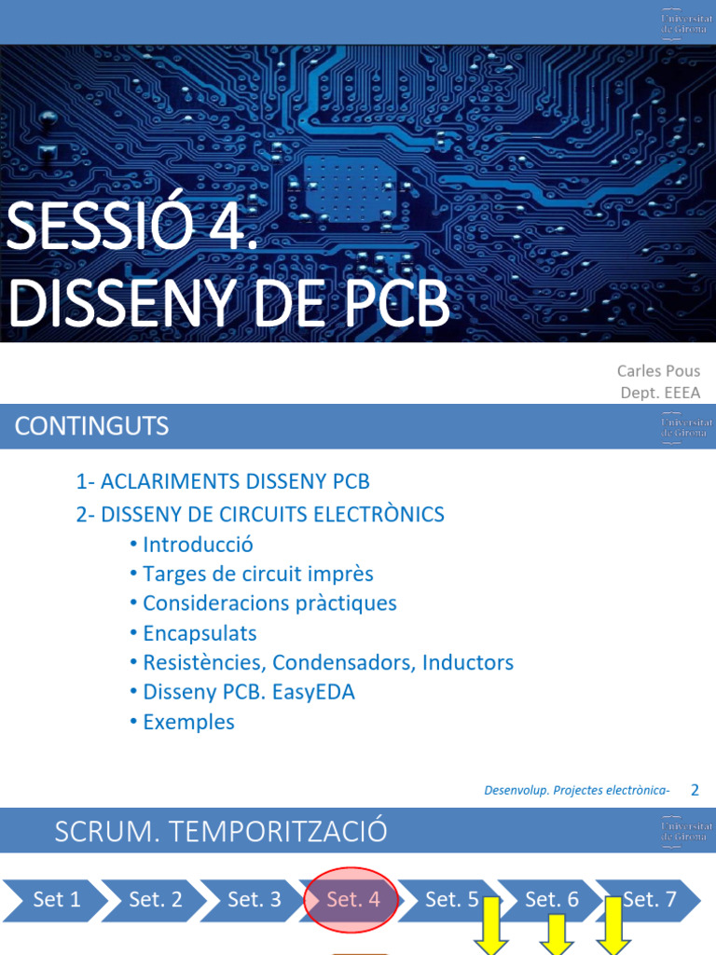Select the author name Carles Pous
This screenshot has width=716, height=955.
[x=659, y=371]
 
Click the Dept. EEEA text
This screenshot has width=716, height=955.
[x=660, y=393]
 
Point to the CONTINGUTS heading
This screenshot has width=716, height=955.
[x=91, y=427]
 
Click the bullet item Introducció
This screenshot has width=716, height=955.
[x=198, y=545]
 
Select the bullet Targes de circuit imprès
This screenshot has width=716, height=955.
[x=258, y=574]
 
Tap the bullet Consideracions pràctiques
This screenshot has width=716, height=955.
[x=269, y=603]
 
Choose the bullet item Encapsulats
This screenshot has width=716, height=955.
[x=200, y=633]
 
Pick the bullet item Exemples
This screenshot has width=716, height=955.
[x=188, y=722]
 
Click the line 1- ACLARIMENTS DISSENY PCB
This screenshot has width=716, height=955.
[x=223, y=482]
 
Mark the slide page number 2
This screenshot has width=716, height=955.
[x=695, y=790]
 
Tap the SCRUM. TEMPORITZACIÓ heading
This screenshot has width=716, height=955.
[x=221, y=831]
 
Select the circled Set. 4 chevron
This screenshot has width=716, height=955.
[x=352, y=900]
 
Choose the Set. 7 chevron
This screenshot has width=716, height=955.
[x=649, y=900]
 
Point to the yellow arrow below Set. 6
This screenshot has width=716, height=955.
[x=557, y=935]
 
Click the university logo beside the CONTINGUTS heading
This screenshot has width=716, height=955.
[x=686, y=427]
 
